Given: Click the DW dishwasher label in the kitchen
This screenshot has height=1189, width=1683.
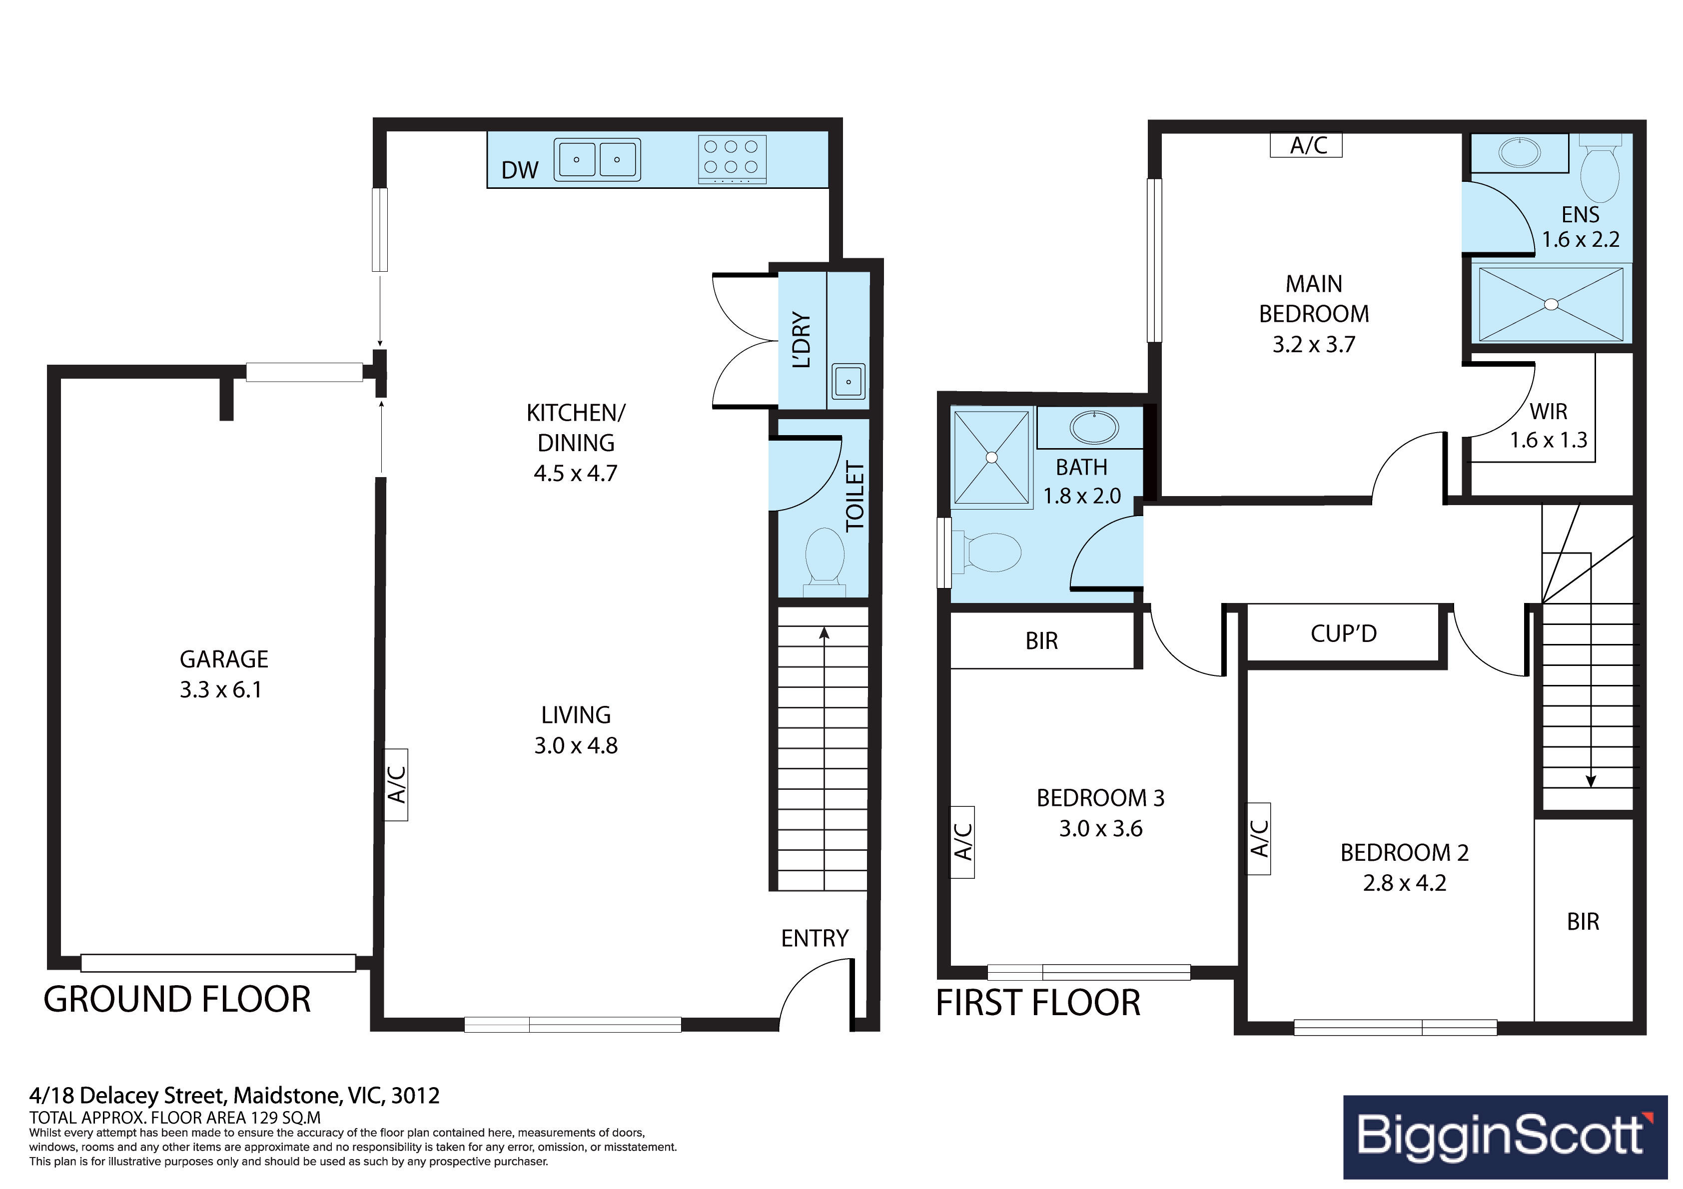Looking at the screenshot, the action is point(520,170).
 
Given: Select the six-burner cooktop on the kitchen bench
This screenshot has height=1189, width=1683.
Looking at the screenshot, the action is point(732,158).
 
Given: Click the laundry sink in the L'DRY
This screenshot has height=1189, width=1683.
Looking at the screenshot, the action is point(848,381).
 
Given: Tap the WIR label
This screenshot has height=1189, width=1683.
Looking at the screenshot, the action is point(1548,412).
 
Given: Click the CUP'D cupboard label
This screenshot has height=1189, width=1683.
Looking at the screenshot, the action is point(1344,633).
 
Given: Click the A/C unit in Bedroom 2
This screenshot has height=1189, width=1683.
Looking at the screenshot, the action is point(1259,839).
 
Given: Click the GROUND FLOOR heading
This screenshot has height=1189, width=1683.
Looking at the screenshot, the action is point(177,1000).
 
